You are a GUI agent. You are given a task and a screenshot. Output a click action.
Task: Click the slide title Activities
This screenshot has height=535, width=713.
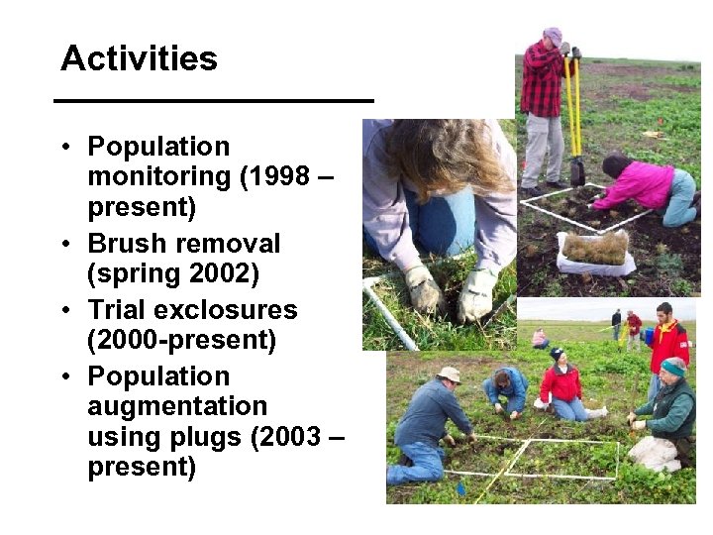pyautogui.click(x=139, y=58)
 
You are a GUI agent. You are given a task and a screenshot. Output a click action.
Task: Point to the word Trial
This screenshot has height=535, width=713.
pyautogui.click(x=120, y=310)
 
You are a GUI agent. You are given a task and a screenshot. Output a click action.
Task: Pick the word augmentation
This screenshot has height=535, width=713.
pyautogui.click(x=177, y=406)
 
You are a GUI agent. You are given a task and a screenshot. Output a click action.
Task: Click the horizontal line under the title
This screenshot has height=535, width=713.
pyautogui.click(x=213, y=100)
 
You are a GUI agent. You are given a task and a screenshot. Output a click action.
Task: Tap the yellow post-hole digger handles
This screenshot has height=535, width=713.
pyautogui.click(x=572, y=109)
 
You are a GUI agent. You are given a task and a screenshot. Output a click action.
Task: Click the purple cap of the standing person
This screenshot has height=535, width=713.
pyautogui.click(x=553, y=35)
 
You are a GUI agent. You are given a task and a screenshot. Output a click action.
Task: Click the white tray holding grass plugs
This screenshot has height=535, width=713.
pyautogui.click(x=595, y=253)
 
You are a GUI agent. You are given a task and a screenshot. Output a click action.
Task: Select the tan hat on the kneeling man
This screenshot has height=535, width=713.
pyautogui.click(x=450, y=374)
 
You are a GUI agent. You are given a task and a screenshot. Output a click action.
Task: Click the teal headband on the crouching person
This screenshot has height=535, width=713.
pyautogui.click(x=674, y=368)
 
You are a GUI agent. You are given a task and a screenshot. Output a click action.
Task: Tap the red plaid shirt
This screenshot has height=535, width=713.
pyautogui.click(x=541, y=79)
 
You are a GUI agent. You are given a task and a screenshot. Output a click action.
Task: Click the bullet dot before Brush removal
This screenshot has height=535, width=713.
pyautogui.click(x=62, y=244)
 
